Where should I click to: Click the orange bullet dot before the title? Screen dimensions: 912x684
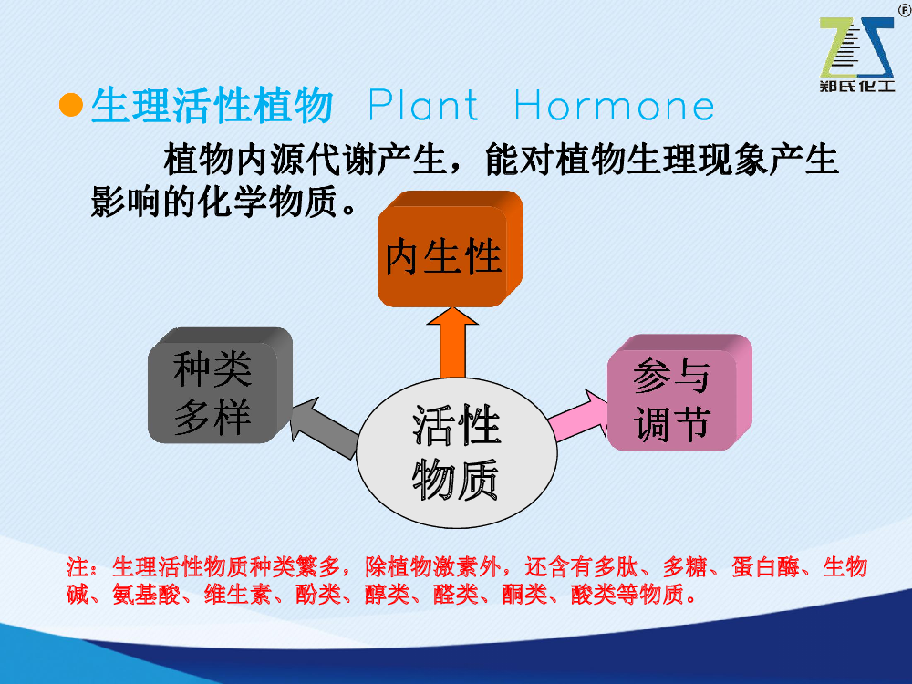[71, 105]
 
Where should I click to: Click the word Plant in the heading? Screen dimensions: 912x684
[423, 105]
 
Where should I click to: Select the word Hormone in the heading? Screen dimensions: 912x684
[614, 105]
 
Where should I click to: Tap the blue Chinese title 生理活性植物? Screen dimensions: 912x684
[212, 105]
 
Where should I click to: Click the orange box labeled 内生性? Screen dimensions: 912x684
[450, 249]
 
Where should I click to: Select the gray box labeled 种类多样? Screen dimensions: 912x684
[220, 385]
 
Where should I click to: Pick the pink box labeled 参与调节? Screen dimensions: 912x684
[679, 392]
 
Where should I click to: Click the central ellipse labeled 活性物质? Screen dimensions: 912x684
[457, 452]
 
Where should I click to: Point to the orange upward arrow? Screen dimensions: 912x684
[452, 343]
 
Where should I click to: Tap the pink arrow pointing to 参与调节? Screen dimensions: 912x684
[579, 416]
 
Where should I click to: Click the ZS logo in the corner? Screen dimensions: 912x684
[856, 47]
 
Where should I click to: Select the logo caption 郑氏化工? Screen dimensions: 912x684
[856, 86]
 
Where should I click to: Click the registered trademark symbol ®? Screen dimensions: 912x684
[905, 10]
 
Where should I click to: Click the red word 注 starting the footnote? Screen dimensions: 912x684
[78, 566]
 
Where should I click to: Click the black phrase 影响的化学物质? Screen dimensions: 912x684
[214, 202]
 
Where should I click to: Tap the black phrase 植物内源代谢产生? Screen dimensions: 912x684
[305, 159]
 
